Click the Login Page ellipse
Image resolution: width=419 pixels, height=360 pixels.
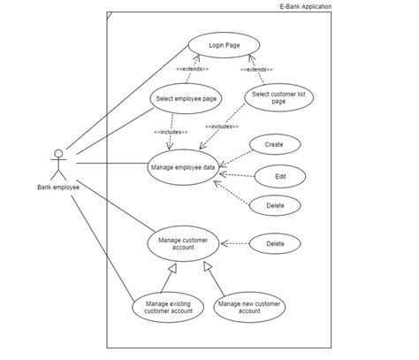[224, 46]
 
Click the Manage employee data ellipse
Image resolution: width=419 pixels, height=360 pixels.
[182, 166]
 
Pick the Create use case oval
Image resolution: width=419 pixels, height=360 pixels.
[275, 144]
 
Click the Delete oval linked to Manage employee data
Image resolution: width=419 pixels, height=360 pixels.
[275, 205]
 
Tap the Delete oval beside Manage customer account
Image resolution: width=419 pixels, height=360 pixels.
[275, 243]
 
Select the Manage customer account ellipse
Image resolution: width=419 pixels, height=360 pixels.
[182, 243]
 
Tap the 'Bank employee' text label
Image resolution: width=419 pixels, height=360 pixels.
[58, 187]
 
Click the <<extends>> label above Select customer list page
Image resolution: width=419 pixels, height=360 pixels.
[255, 69]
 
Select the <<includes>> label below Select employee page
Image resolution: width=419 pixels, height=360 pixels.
[171, 132]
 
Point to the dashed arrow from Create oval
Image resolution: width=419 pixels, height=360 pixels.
[234, 154]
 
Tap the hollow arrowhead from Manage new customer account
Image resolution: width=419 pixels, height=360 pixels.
[207, 265]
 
